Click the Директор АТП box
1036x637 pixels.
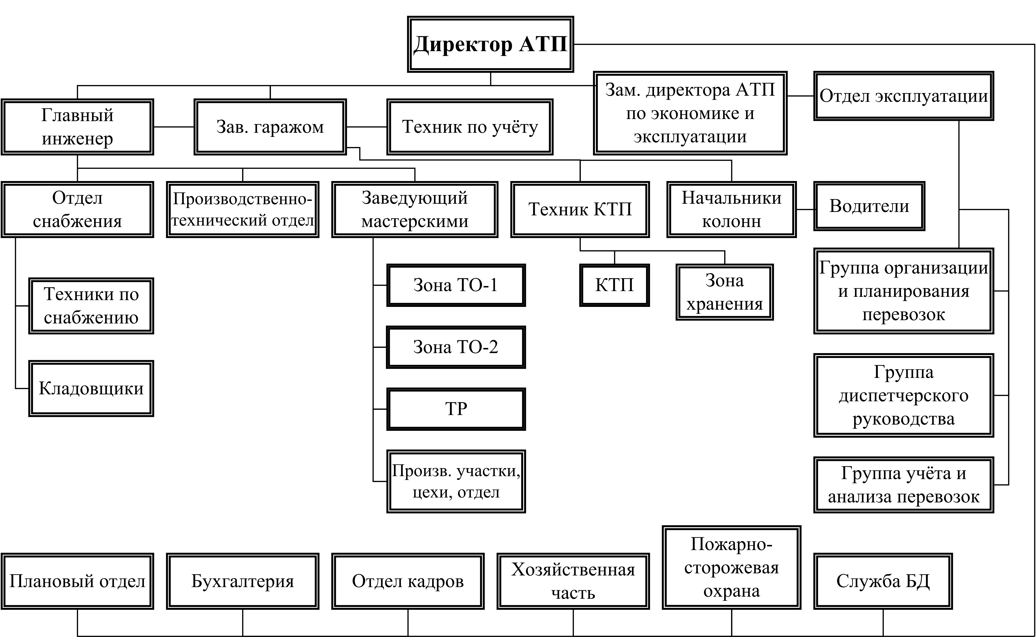pos(490,44)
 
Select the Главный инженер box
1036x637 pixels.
pos(77,127)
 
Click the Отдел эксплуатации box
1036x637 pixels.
pos(903,96)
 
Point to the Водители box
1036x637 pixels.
pos(869,206)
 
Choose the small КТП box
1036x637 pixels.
pos(614,285)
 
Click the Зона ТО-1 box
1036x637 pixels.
pos(456,285)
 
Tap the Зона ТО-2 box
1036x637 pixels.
pos(456,347)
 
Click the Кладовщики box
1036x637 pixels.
pos(91,388)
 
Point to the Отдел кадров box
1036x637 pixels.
pos(408,581)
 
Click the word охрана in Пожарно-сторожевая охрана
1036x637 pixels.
pos(731,591)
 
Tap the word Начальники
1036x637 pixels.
pos(731,198)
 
